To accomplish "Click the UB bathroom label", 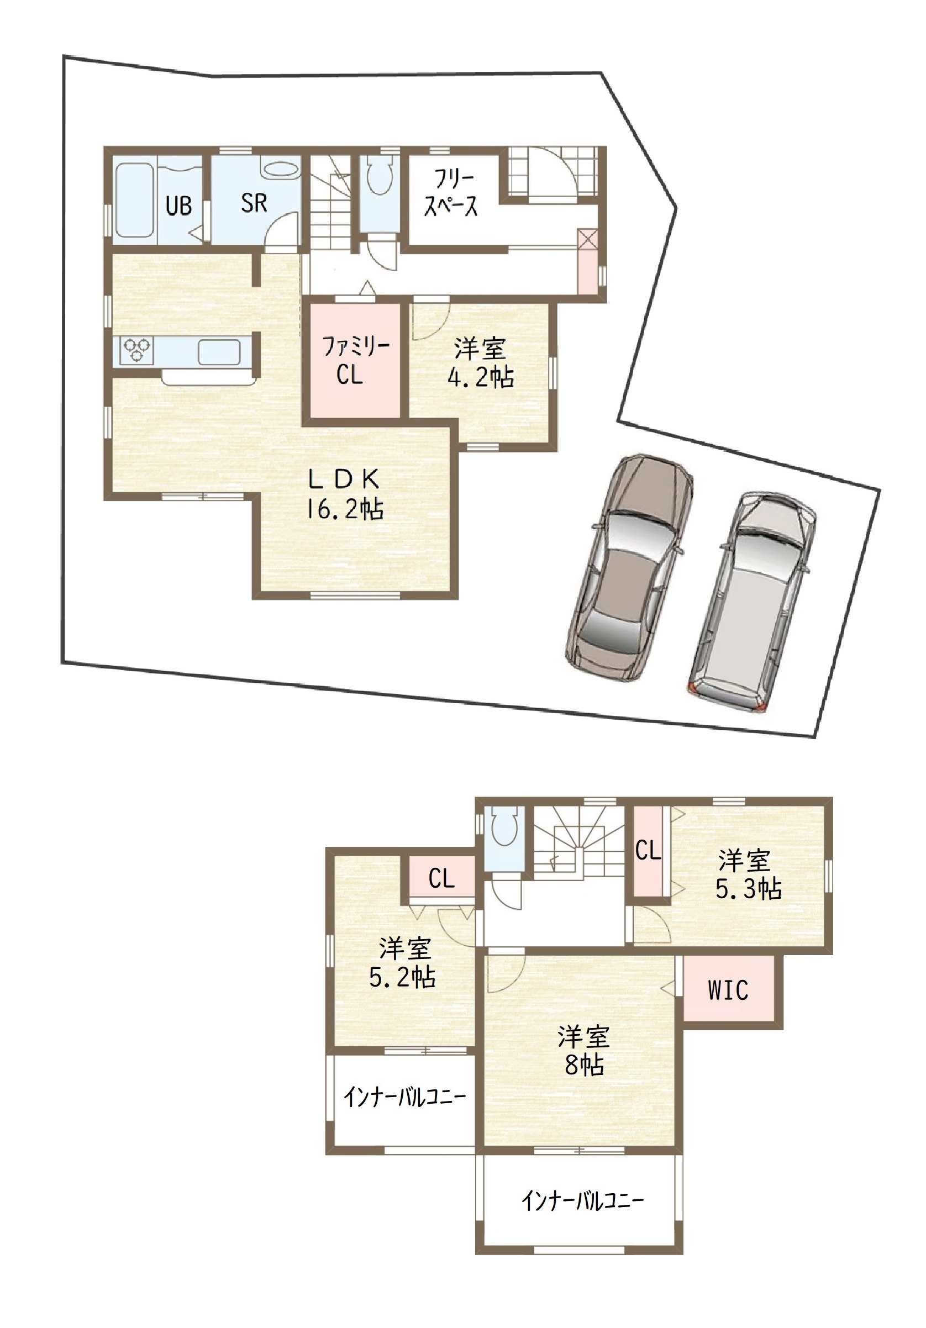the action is pyautogui.click(x=178, y=206).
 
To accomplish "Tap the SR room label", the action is pyautogui.click(x=254, y=203).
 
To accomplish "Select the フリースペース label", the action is pyautogui.click(x=451, y=193).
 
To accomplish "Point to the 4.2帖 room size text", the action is pyautogui.click(x=481, y=378).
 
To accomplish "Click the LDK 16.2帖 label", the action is pyautogui.click(x=344, y=494).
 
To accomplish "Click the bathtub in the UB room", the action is pyautogui.click(x=134, y=200).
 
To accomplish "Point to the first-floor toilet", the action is pyautogui.click(x=380, y=176).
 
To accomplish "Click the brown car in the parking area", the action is pyautogui.click(x=629, y=568).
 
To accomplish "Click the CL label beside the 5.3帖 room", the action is pyautogui.click(x=648, y=850).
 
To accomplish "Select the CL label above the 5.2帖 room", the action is pyautogui.click(x=441, y=878).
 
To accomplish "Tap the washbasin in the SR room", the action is pyautogui.click(x=281, y=170).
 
